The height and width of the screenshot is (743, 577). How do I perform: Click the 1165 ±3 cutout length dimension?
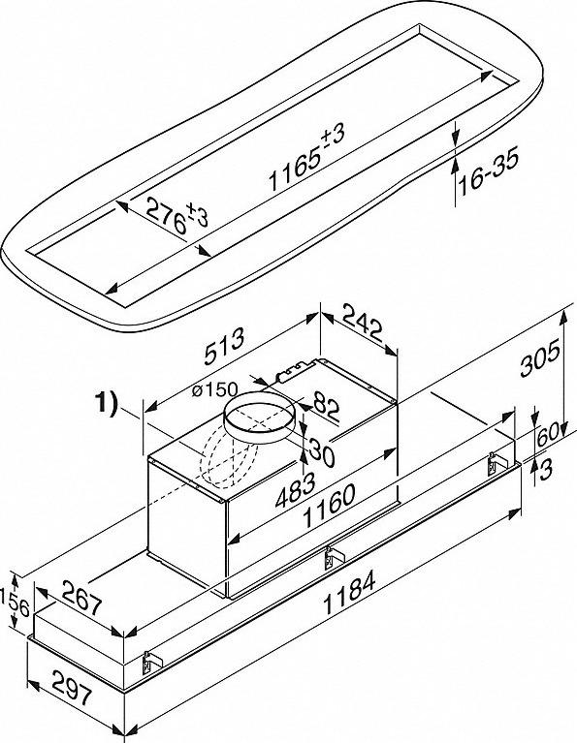coord(307,156)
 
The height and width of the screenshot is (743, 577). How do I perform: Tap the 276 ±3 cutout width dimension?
coord(177,216)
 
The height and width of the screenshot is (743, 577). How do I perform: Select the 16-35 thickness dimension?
coord(489,171)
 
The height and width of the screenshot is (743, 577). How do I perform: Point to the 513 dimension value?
coord(224,347)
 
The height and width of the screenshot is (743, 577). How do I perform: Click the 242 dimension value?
coord(362,324)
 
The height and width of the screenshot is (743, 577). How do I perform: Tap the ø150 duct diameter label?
coord(215,390)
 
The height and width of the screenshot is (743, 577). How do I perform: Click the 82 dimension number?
coord(326,407)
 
